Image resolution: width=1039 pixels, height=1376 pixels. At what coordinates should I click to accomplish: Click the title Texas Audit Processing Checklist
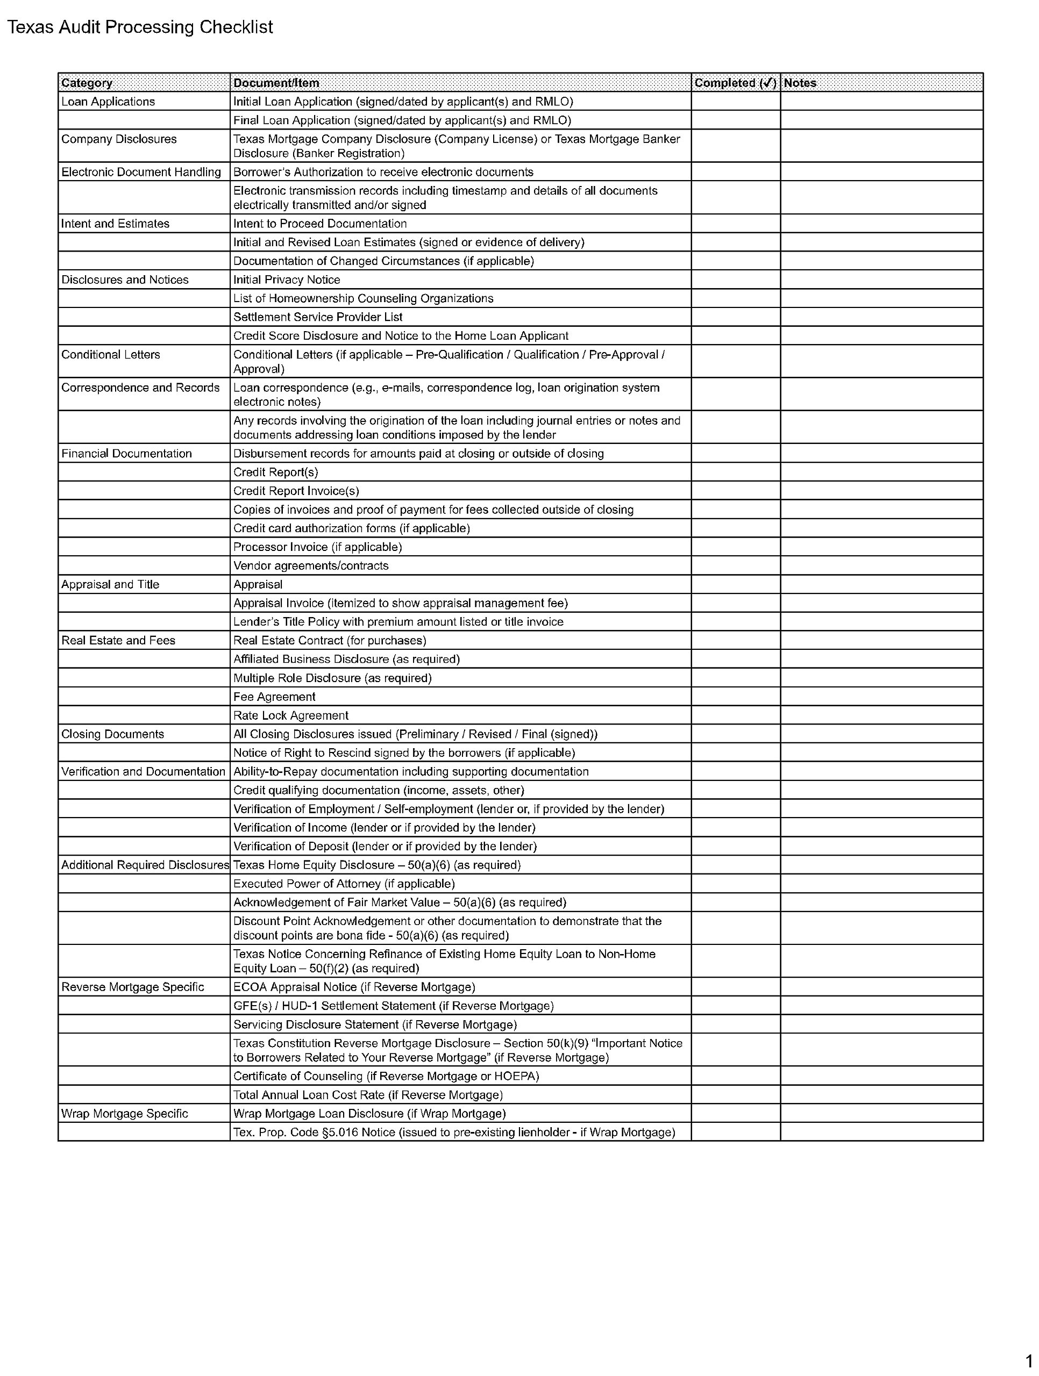140,27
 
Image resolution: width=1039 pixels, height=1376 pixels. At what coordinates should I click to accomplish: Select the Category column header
87,83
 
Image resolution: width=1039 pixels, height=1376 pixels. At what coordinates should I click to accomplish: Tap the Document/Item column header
276,83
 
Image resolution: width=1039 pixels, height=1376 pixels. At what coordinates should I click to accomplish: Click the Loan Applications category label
108,102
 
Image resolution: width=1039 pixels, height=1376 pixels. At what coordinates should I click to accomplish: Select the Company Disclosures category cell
119,139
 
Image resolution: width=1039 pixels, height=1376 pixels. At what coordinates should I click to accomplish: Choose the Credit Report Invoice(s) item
296,491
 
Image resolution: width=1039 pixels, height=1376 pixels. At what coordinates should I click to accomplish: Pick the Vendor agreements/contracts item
311,565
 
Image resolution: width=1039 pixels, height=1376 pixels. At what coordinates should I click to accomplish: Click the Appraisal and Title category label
110,584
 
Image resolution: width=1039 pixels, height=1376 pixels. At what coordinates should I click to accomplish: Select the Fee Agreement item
274,697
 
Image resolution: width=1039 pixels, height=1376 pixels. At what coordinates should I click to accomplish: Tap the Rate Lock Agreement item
291,715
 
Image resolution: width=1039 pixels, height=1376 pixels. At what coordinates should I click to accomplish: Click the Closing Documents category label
113,734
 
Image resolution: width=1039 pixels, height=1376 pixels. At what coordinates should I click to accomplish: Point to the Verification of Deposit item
385,846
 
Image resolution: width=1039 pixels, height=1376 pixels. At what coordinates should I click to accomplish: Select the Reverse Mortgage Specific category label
133,987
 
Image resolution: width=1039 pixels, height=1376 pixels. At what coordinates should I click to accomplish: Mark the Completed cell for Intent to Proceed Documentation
735,223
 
